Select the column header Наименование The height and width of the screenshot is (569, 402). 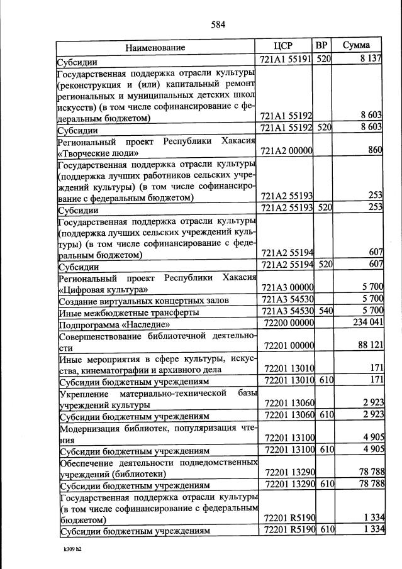click(x=155, y=48)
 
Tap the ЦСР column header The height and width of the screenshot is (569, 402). click(x=284, y=47)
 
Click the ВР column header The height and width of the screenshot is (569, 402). click(x=321, y=46)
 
